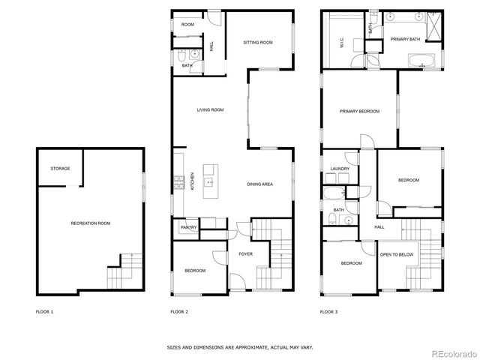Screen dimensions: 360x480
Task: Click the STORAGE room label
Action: (61, 169)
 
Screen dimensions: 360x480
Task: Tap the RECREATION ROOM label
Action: (91, 223)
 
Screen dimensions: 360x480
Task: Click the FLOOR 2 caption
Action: (179, 311)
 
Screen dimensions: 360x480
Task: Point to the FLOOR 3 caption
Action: (329, 311)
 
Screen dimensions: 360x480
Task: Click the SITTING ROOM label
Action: (257, 43)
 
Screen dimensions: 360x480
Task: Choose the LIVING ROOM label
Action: (211, 110)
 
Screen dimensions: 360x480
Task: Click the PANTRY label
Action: (187, 227)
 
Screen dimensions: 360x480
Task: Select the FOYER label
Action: (246, 253)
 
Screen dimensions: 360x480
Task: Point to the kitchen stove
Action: (178, 181)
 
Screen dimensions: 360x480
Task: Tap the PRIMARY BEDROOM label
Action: (359, 111)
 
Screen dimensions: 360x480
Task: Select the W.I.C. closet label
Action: (341, 44)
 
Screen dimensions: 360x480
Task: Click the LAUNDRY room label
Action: (340, 169)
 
